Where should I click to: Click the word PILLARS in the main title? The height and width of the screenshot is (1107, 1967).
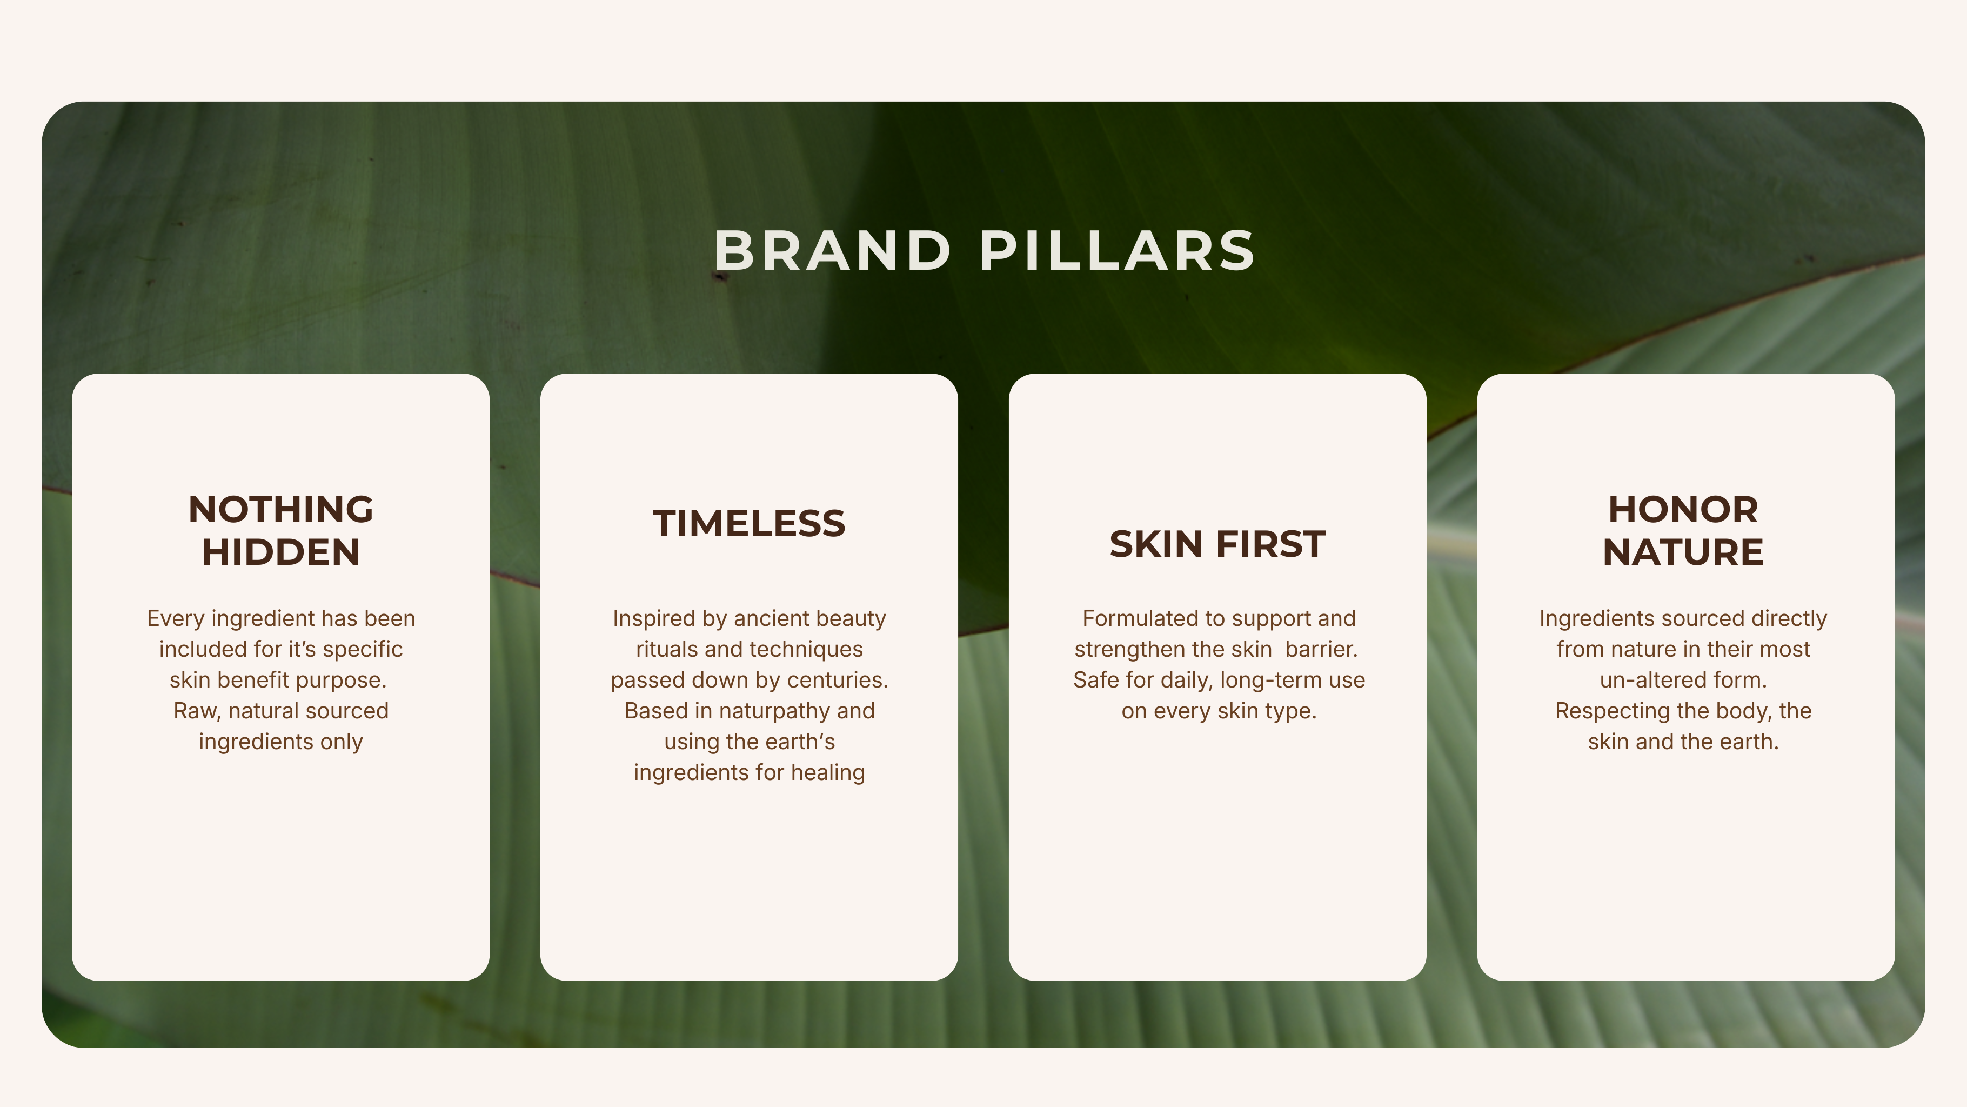[1117, 251]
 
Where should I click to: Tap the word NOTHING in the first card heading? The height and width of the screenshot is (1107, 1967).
[281, 510]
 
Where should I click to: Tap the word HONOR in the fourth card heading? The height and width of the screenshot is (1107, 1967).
[1683, 510]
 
